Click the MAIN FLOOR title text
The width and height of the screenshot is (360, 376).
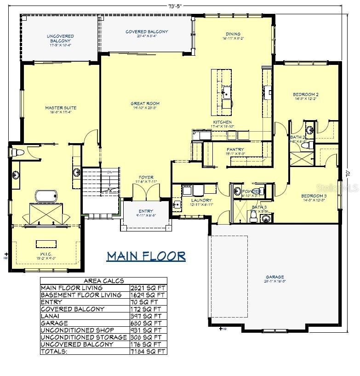[146, 256]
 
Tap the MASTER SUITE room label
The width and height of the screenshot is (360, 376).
[61, 108]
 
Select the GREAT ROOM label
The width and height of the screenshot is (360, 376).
[145, 104]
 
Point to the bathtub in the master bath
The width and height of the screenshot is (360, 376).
[45, 197]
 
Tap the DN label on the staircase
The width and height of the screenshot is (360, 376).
[109, 172]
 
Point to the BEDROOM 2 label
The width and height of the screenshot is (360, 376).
[306, 95]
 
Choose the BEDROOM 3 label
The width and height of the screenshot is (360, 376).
[314, 196]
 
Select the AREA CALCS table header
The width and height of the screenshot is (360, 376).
[103, 281]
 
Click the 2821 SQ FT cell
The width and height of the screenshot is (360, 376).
[148, 288]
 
